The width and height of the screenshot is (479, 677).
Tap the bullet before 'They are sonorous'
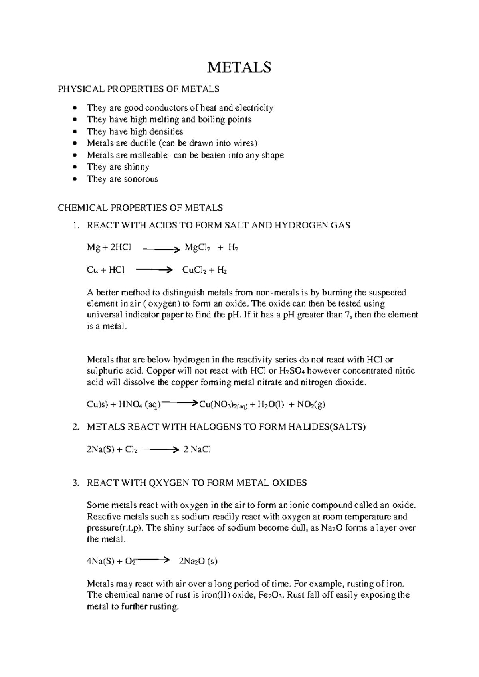click(75, 179)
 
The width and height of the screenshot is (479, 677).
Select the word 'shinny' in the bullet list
click(136, 167)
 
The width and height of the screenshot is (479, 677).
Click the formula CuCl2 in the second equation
click(194, 270)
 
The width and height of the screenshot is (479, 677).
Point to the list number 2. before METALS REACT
click(75, 427)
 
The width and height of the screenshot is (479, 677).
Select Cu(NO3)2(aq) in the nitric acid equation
click(224, 405)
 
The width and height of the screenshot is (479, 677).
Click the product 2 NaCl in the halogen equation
click(197, 449)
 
